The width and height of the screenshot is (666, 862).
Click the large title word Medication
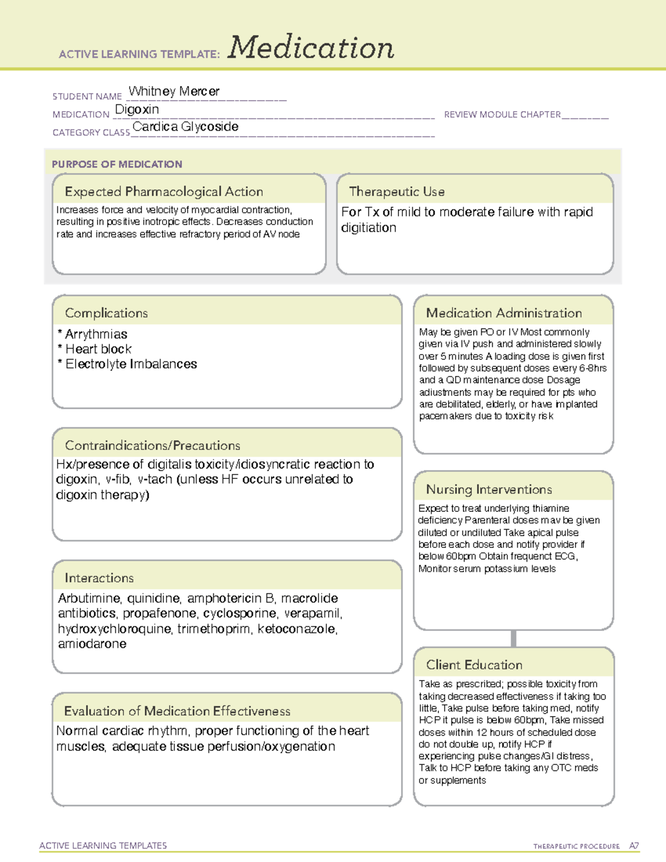tap(311, 48)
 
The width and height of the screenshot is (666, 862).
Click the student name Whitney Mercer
tap(174, 91)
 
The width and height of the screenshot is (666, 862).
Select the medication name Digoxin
tap(137, 109)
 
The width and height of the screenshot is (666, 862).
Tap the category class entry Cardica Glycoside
tap(185, 127)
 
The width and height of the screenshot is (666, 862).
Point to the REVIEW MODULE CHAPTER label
tap(502, 114)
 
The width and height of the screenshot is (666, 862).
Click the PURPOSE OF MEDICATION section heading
tap(117, 164)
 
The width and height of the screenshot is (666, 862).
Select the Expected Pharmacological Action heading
tap(164, 191)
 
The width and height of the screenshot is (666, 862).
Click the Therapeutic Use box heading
tap(396, 191)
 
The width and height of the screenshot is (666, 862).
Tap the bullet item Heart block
tap(98, 349)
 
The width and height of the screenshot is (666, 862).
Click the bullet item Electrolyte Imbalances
tap(131, 364)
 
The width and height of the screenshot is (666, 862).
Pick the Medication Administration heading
tap(503, 313)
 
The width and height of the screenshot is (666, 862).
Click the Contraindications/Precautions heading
tap(152, 445)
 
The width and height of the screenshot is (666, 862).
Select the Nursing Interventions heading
tap(488, 489)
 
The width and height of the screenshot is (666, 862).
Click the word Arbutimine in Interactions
tap(89, 598)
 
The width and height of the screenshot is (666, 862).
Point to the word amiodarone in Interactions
tap(92, 644)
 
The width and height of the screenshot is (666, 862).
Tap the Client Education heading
tap(474, 664)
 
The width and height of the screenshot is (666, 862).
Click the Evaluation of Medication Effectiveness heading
tap(177, 711)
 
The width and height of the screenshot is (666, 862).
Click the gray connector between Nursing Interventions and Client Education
tap(513, 638)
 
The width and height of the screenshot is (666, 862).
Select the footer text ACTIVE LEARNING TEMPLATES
tap(103, 845)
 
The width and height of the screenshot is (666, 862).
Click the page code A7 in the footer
tap(634, 846)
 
